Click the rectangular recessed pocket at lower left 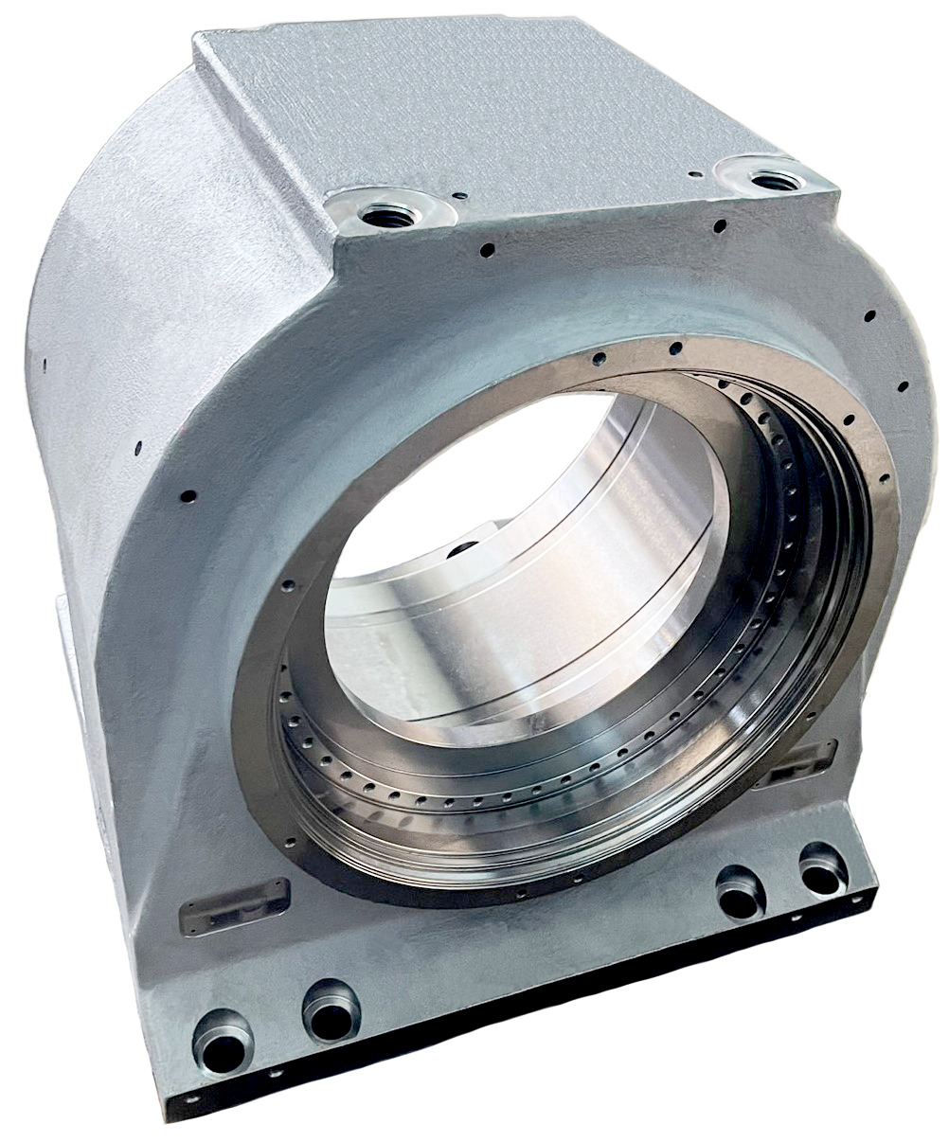tap(233, 904)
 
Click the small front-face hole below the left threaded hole tap(487, 251)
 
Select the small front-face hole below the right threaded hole tap(721, 226)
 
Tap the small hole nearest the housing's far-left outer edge tap(45, 361)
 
